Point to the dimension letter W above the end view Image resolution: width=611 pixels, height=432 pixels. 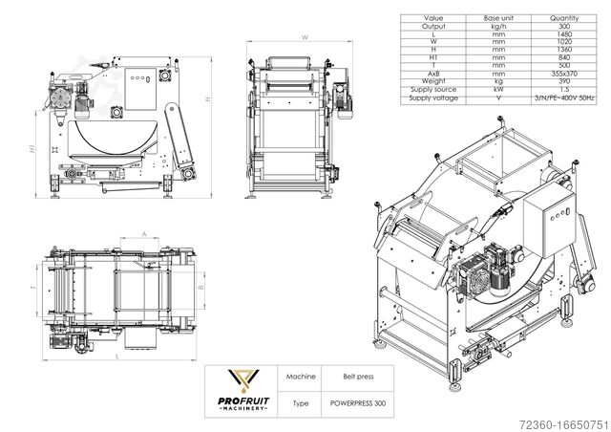click(x=303, y=36)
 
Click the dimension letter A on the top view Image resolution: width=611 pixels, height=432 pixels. click(x=142, y=232)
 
